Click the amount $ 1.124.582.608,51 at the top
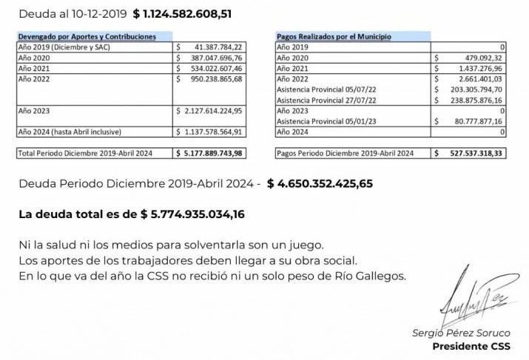[x=192, y=13]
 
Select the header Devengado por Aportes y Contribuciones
[x=87, y=36]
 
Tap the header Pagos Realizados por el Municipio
[x=334, y=36]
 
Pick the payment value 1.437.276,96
[x=478, y=68]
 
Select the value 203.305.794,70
[x=476, y=89]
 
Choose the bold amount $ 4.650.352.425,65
[x=320, y=184]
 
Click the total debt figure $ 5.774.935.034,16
[x=192, y=214]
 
